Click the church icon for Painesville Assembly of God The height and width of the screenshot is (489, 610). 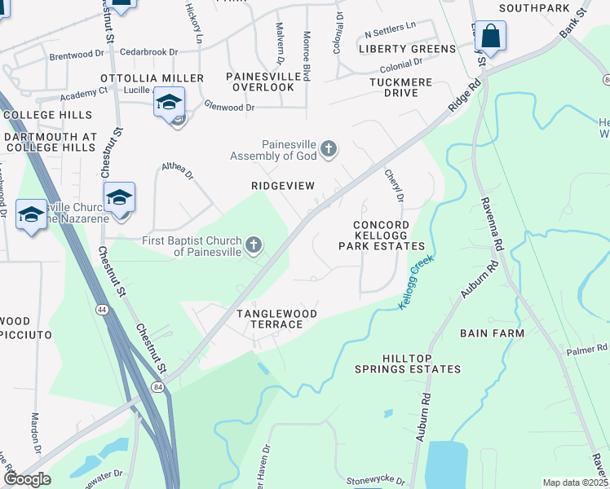tap(329, 148)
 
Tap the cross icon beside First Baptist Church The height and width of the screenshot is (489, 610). tap(254, 244)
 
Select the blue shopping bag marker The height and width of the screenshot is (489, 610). tap(490, 37)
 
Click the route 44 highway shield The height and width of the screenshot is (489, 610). tap(101, 310)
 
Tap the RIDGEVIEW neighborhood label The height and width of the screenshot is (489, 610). tap(282, 186)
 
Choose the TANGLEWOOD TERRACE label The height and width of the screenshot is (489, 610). tap(269, 319)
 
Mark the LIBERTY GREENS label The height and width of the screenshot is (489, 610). tap(407, 49)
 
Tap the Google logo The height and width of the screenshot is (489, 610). tap(27, 479)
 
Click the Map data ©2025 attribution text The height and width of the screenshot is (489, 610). tap(574, 482)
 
